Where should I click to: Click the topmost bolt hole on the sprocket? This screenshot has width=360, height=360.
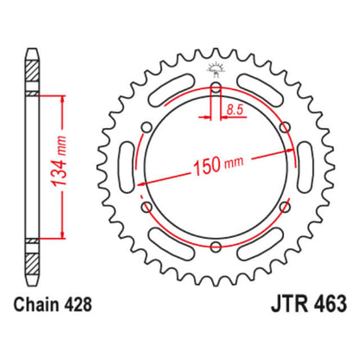tap(215, 90)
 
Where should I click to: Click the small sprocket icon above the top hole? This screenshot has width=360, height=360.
tap(215, 67)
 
